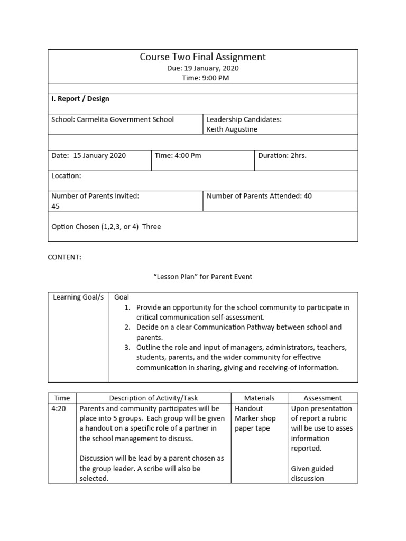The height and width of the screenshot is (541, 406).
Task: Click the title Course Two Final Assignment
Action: tap(202, 57)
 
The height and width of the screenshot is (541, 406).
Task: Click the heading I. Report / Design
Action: tap(80, 99)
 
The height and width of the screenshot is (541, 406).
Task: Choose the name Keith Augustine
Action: tap(232, 129)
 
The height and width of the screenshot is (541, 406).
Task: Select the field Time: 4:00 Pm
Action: tap(178, 155)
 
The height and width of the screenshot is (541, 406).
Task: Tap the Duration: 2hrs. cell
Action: tap(282, 155)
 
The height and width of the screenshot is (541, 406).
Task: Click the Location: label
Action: tap(66, 175)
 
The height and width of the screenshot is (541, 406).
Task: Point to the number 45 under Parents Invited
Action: tap(56, 206)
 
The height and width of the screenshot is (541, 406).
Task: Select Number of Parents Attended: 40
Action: tap(259, 196)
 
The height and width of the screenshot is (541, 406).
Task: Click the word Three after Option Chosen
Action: tap(151, 227)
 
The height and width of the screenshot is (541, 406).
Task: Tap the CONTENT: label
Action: tap(64, 257)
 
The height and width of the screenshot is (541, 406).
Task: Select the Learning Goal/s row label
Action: tap(78, 297)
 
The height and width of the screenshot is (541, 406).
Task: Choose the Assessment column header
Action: tap(322, 398)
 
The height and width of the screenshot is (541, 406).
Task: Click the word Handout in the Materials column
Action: tap(248, 408)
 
